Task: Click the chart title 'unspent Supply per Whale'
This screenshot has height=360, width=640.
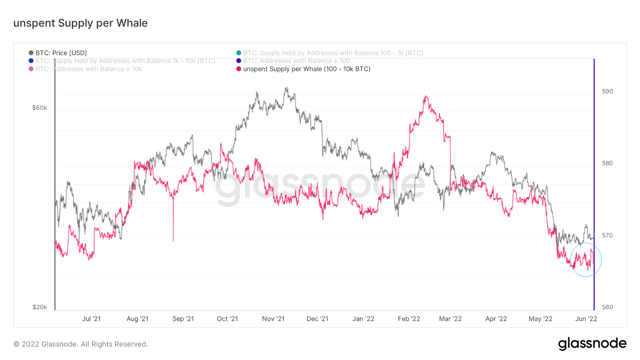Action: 80,23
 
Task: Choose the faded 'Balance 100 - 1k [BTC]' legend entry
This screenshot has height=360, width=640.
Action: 329,53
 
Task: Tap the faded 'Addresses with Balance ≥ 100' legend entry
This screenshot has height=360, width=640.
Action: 293,61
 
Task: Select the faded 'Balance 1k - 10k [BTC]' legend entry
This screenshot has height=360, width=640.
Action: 121,61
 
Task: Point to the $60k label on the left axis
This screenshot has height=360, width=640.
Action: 39,108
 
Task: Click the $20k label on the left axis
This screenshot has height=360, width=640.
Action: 39,307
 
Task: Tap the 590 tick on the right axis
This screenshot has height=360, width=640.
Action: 608,91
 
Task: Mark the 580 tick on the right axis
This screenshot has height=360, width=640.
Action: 608,163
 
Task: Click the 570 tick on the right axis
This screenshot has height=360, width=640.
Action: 608,235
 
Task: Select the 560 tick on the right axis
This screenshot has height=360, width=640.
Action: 608,307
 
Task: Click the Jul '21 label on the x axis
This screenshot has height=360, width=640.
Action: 91,318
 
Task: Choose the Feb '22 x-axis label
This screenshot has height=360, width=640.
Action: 409,318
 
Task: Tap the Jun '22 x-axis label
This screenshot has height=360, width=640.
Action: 586,318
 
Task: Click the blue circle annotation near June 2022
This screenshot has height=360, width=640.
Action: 586,260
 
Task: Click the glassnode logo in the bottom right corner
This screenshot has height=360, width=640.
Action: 592,344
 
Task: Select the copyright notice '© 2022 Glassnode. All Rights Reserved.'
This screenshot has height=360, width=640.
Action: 80,344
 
